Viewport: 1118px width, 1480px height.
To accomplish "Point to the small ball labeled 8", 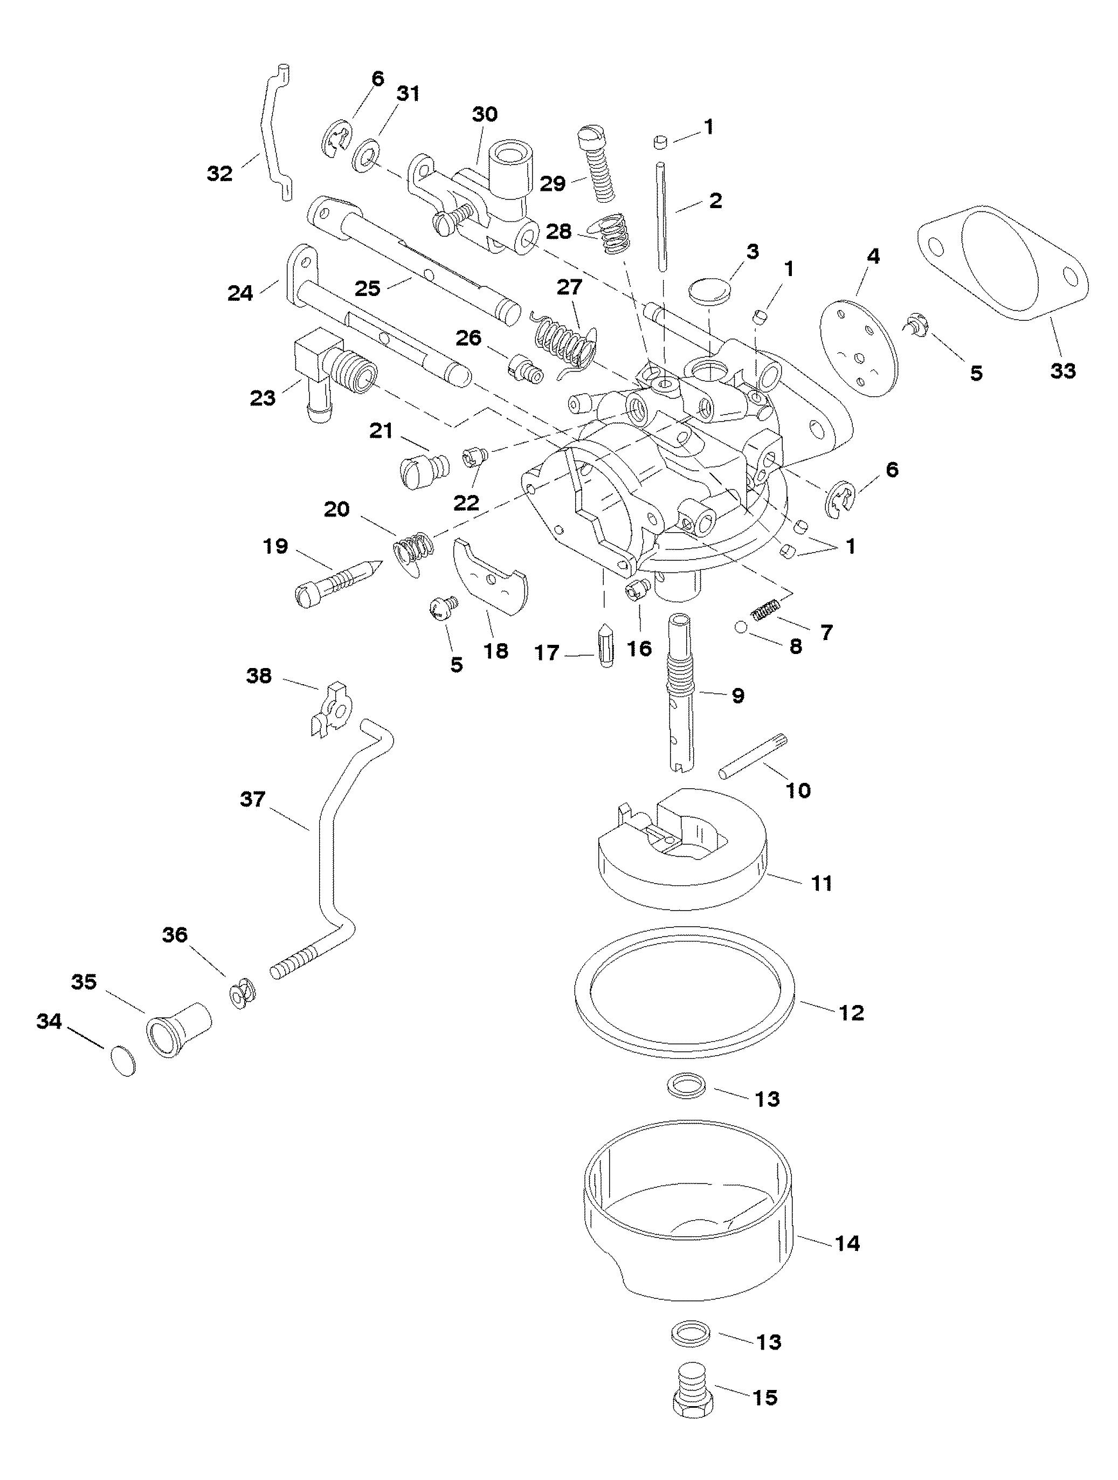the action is click(741, 627).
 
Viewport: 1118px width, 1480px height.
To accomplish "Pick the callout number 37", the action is click(253, 800).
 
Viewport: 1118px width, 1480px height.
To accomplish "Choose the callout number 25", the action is click(367, 289).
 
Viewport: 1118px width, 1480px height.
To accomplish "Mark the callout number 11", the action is click(822, 883).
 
